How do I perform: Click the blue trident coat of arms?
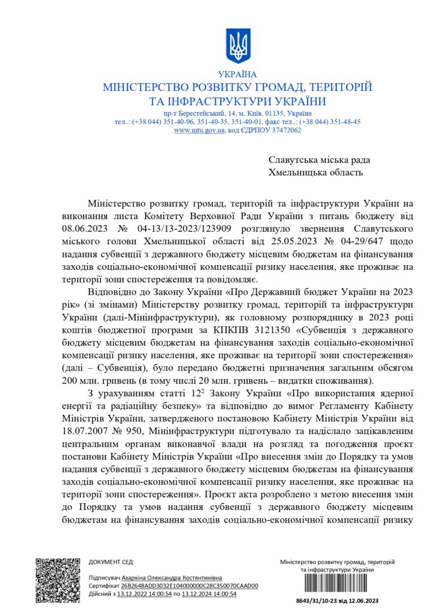click(x=238, y=45)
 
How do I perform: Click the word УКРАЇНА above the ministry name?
click(x=238, y=75)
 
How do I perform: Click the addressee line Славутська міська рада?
click(x=319, y=160)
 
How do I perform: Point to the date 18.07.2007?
click(x=86, y=445)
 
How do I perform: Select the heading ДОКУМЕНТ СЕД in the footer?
click(x=111, y=562)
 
